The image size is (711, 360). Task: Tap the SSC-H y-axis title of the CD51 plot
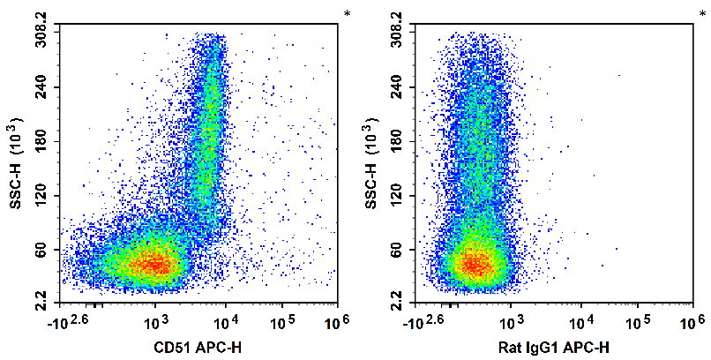pyautogui.click(x=16, y=168)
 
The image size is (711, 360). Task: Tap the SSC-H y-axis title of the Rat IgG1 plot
pyautogui.click(x=370, y=168)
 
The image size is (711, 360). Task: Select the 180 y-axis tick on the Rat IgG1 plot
pyautogui.click(x=400, y=141)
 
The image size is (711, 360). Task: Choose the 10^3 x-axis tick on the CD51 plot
pyautogui.click(x=155, y=318)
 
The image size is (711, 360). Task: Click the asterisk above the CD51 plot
pyautogui.click(x=348, y=14)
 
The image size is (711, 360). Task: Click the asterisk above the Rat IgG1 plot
pyautogui.click(x=702, y=14)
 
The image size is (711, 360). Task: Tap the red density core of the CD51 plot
pyautogui.click(x=154, y=263)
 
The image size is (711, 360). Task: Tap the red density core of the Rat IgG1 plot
pyautogui.click(x=476, y=265)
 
